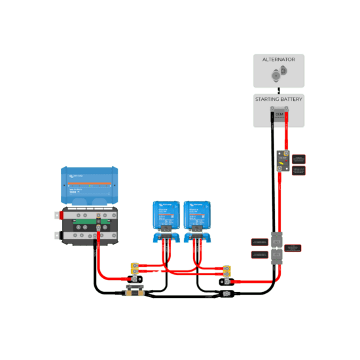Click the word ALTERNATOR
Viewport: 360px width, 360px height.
[278, 60]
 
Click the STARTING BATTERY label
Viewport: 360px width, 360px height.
[278, 99]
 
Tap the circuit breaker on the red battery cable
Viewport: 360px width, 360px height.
[283, 160]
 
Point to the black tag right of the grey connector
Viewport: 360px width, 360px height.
[294, 248]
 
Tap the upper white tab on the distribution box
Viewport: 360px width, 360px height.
[57, 214]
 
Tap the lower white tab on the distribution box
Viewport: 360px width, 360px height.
[57, 234]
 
